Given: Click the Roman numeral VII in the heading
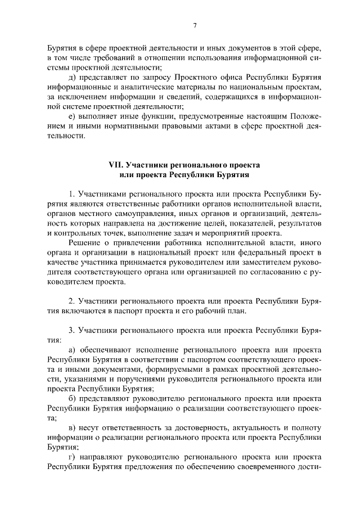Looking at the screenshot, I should pyautogui.click(x=116, y=165).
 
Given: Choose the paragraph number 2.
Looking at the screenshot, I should pyautogui.click(x=71, y=301).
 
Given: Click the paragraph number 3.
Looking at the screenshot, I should pyautogui.click(x=71, y=331).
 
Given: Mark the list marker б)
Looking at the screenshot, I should pyautogui.click(x=72, y=399).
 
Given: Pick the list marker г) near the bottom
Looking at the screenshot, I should pyautogui.click(x=71, y=458).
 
